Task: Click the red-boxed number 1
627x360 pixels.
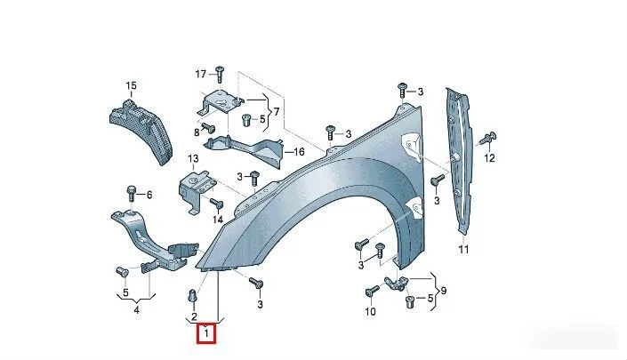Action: coord(206,333)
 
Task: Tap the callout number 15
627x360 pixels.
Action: coord(131,85)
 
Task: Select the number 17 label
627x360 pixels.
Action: coord(201,74)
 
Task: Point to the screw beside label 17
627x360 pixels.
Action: coord(219,75)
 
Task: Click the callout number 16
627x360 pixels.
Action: coord(299,152)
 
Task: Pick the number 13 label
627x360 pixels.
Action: coord(193,158)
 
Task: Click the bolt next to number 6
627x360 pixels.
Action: coord(132,194)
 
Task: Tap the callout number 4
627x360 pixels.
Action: coord(137,310)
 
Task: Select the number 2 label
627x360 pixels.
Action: coord(194,316)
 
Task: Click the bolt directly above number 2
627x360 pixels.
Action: coord(192,297)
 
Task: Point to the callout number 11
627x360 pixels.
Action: coord(463,249)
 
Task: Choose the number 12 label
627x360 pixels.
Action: coord(489,158)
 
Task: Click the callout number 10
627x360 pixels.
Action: coord(370,311)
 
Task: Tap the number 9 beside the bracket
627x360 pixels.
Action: coord(443,291)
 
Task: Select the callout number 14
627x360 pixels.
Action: coord(218,220)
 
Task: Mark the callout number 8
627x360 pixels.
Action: coord(197,132)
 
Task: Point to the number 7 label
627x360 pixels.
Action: coord(276,111)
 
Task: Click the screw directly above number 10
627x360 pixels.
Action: coord(373,291)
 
